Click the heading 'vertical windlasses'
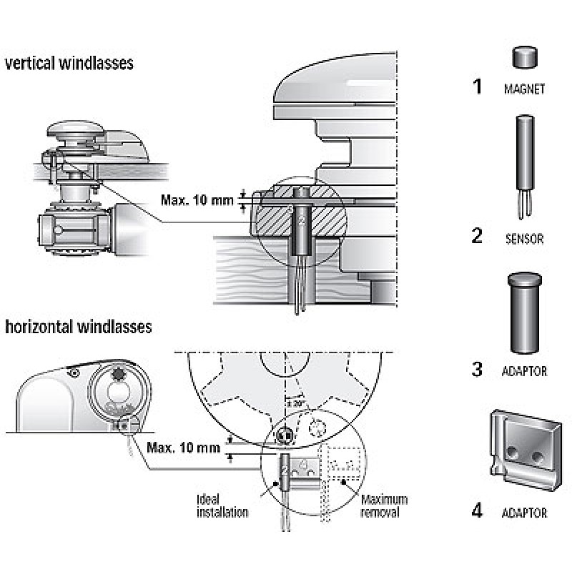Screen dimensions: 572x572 69,64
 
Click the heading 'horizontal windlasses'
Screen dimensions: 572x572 79,327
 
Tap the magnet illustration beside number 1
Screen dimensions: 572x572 526,57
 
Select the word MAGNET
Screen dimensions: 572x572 525,90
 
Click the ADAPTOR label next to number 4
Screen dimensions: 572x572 525,513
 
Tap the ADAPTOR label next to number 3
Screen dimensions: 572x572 525,372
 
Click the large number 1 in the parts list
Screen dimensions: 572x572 477,88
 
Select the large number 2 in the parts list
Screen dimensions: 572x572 477,237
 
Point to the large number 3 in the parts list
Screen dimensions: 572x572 477,370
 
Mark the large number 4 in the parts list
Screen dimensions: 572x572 477,511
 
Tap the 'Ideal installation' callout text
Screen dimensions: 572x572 222,506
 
